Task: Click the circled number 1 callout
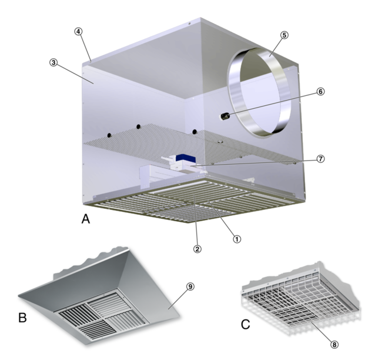point(237,239)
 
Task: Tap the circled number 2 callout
point(197,249)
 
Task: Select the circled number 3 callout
point(53,62)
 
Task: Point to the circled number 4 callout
point(78,31)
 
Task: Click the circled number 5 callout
point(285,35)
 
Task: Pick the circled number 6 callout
point(320,92)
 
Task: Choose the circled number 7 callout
point(320,159)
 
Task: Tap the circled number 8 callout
point(334,344)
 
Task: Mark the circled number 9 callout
point(190,286)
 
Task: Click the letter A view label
point(86,219)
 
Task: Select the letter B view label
point(22,318)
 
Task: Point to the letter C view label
point(245,324)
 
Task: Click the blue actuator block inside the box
point(186,158)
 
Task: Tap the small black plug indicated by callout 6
point(225,116)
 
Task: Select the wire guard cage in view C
point(300,301)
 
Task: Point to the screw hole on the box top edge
point(189,24)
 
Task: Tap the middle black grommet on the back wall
point(138,127)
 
